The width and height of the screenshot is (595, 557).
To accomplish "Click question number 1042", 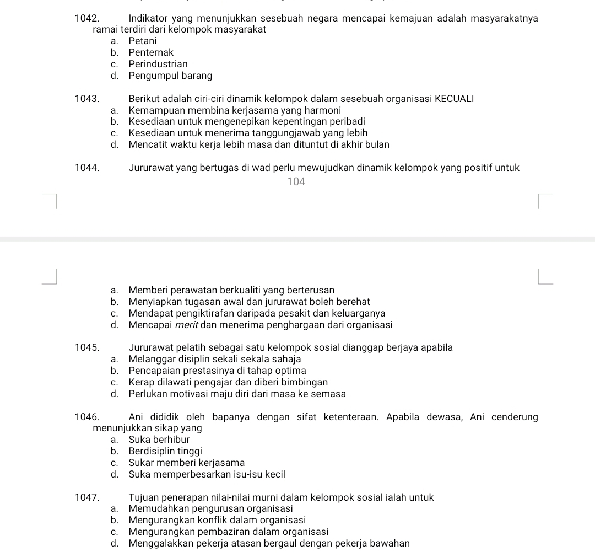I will point(86,18).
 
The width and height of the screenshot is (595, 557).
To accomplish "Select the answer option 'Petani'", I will point(142,41).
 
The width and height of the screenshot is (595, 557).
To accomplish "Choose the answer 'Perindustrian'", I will point(158,64).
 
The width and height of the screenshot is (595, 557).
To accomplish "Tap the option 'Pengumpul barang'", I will point(170,76).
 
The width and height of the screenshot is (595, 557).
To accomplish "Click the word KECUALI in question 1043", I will point(454,99).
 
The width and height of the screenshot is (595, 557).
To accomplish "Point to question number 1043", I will point(86,99).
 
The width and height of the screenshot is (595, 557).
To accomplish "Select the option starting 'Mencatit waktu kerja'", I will point(258,144).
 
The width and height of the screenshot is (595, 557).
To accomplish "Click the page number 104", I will point(296,181).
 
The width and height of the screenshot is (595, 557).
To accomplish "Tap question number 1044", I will point(86,168).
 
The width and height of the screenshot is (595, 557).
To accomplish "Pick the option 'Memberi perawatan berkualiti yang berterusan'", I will point(231,290).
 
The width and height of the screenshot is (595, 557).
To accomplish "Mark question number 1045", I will point(86,347).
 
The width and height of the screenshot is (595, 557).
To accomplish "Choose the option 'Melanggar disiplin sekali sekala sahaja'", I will point(214,359).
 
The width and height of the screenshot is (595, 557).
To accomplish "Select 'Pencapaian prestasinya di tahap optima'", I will point(217,371).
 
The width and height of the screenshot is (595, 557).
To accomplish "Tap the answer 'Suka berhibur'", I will point(159,440).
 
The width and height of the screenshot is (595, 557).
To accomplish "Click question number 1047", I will point(86,497).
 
